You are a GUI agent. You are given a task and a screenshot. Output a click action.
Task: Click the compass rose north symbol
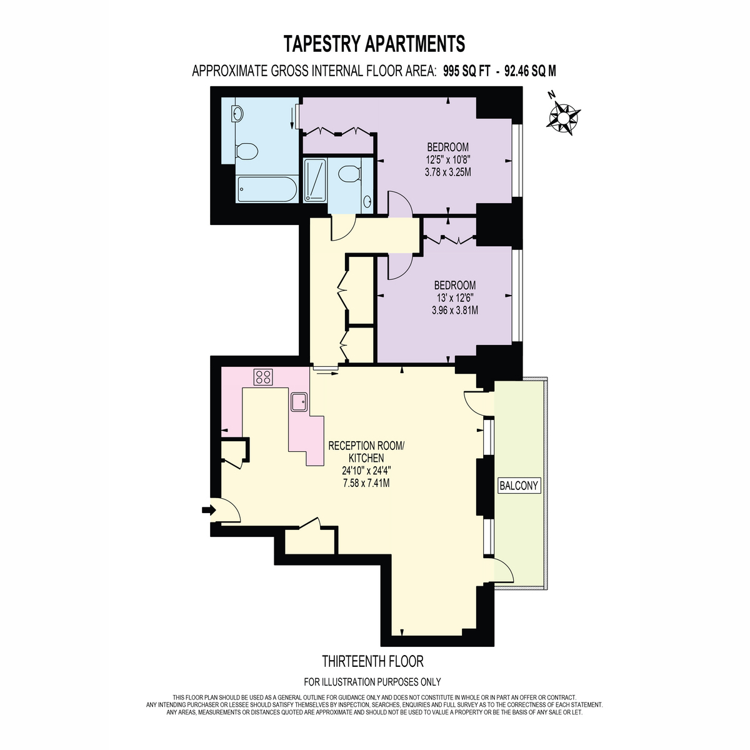coord(562,117)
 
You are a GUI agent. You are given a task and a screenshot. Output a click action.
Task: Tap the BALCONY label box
coord(519,486)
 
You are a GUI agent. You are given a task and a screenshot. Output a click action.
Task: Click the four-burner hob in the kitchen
coord(263,377)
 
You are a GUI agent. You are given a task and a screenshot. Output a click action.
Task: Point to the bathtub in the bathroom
coord(267,189)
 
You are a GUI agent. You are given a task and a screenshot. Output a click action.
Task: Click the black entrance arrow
coord(209,509)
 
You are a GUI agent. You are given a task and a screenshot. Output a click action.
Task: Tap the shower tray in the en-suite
coord(315,180)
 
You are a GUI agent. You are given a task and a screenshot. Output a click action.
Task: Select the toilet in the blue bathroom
coord(246,151)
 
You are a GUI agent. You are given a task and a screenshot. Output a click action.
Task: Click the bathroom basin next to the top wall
coord(237,114)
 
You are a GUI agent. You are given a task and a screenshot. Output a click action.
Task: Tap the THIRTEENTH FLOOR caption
coord(373,661)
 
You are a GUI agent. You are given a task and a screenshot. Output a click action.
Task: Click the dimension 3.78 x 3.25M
coord(448,172)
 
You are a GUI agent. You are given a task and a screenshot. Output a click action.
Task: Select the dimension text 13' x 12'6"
coord(455,297)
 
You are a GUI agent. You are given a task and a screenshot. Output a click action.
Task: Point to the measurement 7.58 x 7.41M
coord(366,483)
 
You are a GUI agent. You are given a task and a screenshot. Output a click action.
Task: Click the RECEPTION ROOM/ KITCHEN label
coord(366,452)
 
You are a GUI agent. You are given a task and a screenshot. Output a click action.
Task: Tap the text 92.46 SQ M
coord(530,71)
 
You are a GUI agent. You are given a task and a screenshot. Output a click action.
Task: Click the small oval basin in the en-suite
coord(367,202)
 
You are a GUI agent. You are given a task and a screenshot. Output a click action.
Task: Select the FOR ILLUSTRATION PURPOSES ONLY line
coord(372,682)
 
